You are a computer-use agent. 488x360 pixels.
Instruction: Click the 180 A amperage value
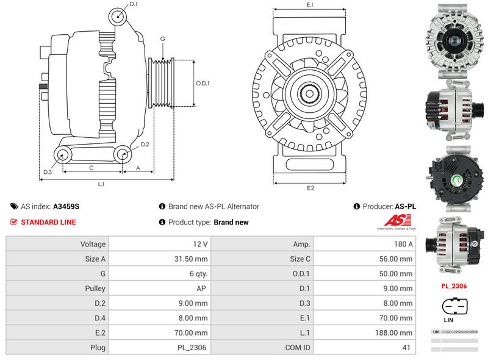(x=404, y=244)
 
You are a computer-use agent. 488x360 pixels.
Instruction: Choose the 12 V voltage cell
(x=201, y=244)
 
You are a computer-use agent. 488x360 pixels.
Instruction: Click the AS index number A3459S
(x=66, y=207)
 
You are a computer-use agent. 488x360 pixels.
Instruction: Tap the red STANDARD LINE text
(x=48, y=222)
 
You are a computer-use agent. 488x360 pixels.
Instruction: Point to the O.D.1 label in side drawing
(x=203, y=84)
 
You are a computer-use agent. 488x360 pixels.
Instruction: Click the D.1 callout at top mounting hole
(x=134, y=5)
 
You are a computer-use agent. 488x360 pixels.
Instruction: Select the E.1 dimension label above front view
(x=310, y=5)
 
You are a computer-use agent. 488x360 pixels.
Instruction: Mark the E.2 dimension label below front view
(x=310, y=188)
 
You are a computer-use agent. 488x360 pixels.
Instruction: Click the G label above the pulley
(x=162, y=39)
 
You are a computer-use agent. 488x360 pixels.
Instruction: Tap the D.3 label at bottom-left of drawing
(x=47, y=173)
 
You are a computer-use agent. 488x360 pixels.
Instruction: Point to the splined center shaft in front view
(x=310, y=94)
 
